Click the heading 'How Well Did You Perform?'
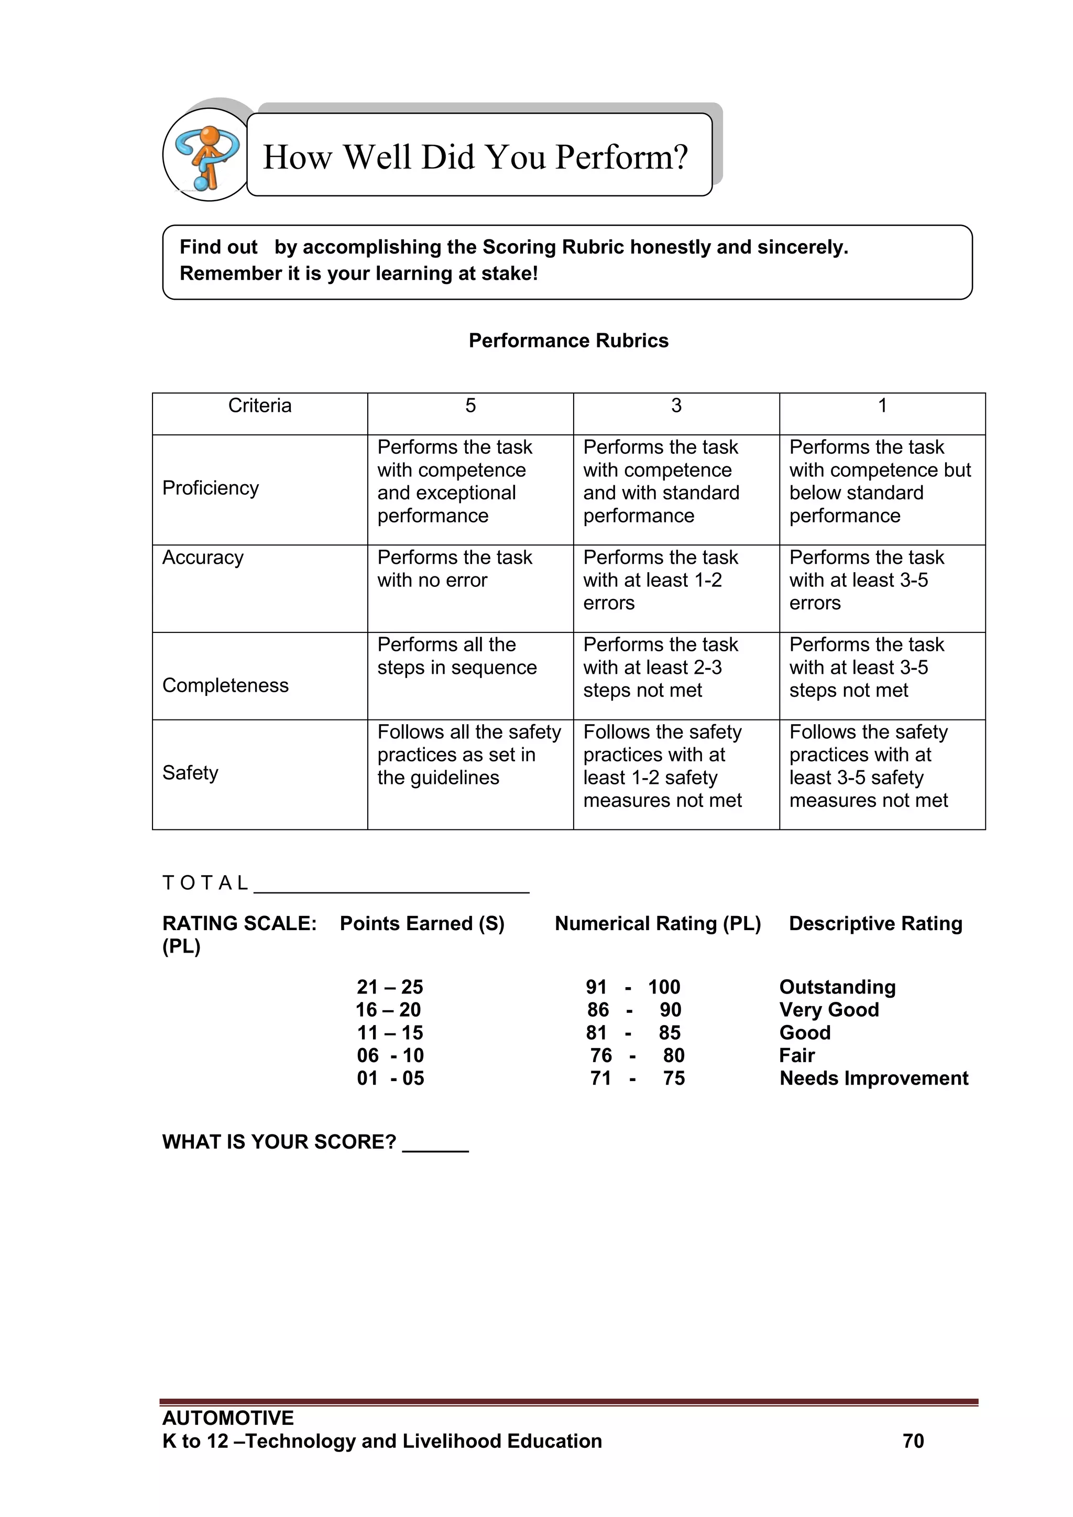click(475, 157)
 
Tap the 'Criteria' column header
click(260, 406)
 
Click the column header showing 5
click(470, 406)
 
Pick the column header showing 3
click(676, 406)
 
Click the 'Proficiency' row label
click(211, 488)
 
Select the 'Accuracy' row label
click(203, 558)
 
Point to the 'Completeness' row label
click(225, 686)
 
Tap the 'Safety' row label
click(190, 773)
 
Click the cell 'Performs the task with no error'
click(455, 569)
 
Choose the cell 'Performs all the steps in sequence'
click(456, 656)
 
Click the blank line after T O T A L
click(391, 886)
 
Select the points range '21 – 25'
click(390, 987)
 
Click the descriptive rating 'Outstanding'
click(837, 987)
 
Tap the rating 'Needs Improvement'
click(873, 1078)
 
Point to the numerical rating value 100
click(664, 987)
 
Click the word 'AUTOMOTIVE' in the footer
click(228, 1418)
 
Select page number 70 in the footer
click(913, 1441)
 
